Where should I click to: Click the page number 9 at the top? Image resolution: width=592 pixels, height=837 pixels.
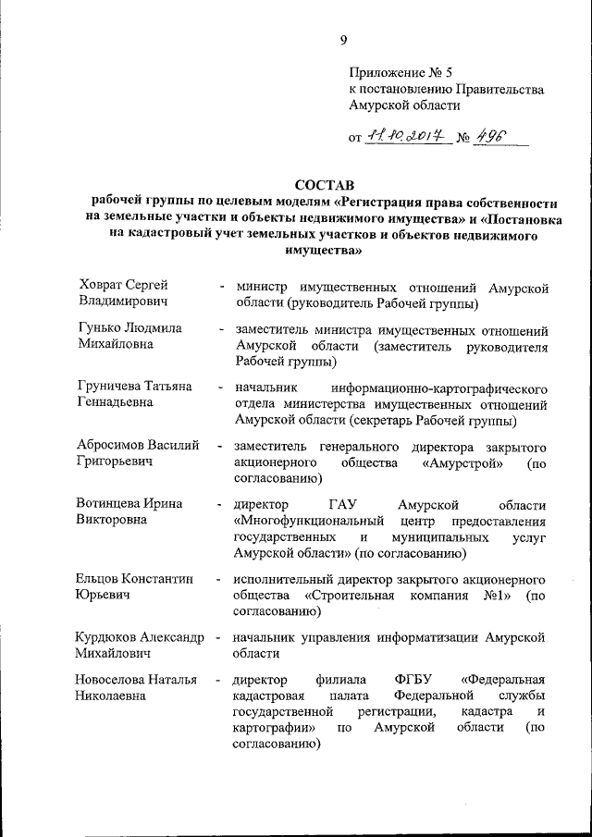[x=343, y=39]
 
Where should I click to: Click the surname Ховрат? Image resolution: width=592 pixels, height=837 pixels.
[x=104, y=285]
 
